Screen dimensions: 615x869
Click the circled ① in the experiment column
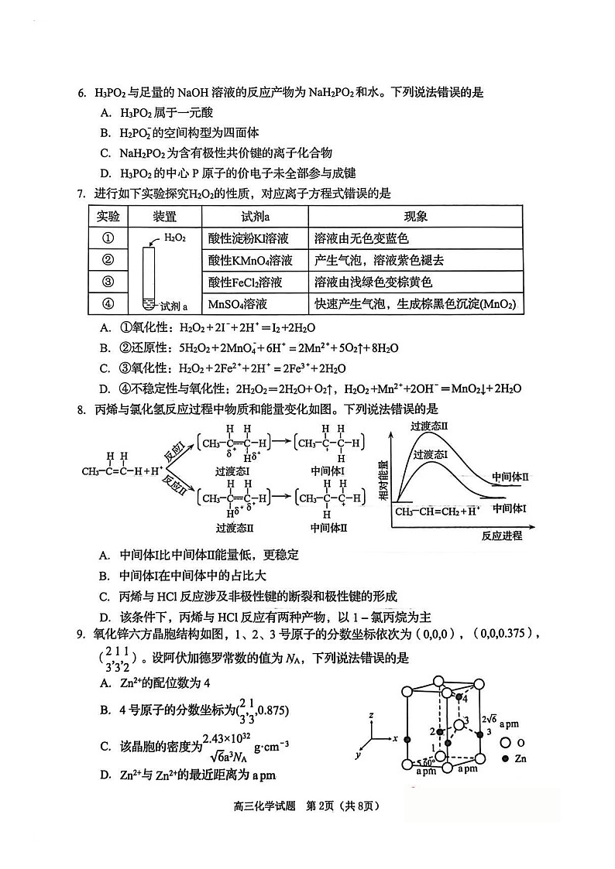(108, 238)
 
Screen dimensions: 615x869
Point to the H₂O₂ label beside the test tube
(175, 238)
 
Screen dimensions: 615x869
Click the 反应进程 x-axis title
(501, 535)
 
